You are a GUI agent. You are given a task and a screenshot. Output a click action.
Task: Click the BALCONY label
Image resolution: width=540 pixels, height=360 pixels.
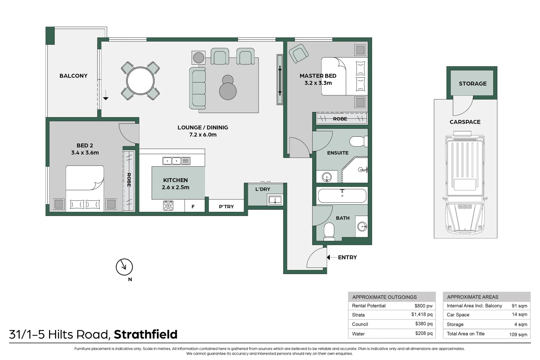pyautogui.click(x=73, y=76)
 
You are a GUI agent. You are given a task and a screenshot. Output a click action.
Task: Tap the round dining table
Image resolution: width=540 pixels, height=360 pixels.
pyautogui.click(x=140, y=81)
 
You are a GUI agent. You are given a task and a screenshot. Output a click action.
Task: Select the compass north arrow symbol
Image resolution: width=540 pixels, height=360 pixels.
pyautogui.click(x=124, y=267)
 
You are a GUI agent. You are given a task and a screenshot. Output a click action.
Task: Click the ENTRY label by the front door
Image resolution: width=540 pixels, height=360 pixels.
pyautogui.click(x=348, y=257)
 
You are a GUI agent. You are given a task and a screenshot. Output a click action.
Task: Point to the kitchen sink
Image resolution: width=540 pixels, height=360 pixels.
pyautogui.click(x=176, y=161)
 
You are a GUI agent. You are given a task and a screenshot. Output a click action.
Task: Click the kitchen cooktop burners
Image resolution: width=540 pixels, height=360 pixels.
pyautogui.click(x=168, y=206)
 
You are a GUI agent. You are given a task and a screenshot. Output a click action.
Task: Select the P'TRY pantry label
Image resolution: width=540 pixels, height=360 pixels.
pyautogui.click(x=226, y=207)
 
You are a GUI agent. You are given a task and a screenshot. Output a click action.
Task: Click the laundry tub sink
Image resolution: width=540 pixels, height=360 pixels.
pyautogui.click(x=275, y=200)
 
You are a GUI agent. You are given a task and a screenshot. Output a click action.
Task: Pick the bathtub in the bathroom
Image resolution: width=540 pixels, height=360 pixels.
pyautogui.click(x=342, y=195)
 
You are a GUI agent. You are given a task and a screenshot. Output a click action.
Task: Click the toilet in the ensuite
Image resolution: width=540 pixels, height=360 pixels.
pyautogui.click(x=359, y=141)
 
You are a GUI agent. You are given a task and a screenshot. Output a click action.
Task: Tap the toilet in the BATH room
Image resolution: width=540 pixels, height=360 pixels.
pyautogui.click(x=329, y=232)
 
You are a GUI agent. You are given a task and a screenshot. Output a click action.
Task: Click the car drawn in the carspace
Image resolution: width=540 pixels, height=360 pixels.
pyautogui.click(x=465, y=182)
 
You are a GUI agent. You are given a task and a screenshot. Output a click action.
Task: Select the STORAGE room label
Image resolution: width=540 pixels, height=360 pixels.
pyautogui.click(x=473, y=84)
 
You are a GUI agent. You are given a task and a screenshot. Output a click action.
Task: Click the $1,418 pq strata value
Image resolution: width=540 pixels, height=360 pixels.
pyautogui.click(x=422, y=314)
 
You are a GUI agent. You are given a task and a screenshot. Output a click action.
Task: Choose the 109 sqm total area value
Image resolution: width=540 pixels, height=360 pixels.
pyautogui.click(x=518, y=334)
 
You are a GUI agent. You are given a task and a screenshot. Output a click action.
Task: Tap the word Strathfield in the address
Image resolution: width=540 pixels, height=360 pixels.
pyautogui.click(x=146, y=334)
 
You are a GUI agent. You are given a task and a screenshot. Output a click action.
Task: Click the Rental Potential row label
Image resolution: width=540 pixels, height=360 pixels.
pyautogui.click(x=369, y=306)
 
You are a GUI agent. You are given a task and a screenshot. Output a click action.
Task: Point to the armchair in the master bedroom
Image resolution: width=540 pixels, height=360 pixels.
pyautogui.click(x=299, y=53)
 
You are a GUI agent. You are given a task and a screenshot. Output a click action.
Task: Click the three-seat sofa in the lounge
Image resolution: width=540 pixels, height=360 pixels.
pyautogui.click(x=197, y=88)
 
